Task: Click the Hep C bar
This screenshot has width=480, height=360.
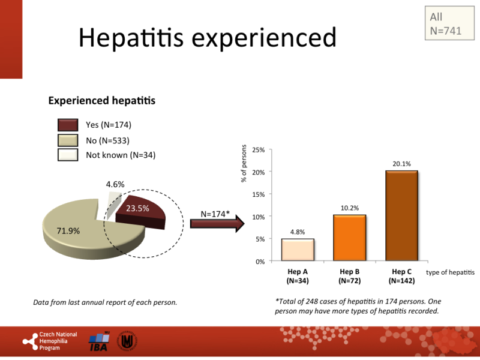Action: [x=401, y=216]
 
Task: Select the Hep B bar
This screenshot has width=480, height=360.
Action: [x=349, y=238]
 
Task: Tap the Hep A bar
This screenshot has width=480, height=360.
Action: [x=298, y=250]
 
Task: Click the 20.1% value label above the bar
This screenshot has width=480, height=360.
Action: [x=401, y=163]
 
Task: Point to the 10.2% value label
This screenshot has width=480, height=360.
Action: [x=349, y=208]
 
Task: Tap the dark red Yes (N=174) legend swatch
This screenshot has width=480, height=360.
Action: [x=68, y=125]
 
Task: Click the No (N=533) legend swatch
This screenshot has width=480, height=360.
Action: [x=68, y=140]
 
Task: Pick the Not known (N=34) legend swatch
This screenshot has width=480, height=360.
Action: [x=68, y=155]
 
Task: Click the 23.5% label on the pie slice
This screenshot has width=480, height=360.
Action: [x=138, y=209]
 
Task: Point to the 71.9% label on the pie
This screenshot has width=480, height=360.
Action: [x=69, y=230]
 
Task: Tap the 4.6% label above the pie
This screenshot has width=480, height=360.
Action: [x=115, y=184]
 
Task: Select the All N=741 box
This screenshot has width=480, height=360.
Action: [x=446, y=23]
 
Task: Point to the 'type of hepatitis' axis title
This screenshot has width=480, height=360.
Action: [x=449, y=272]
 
